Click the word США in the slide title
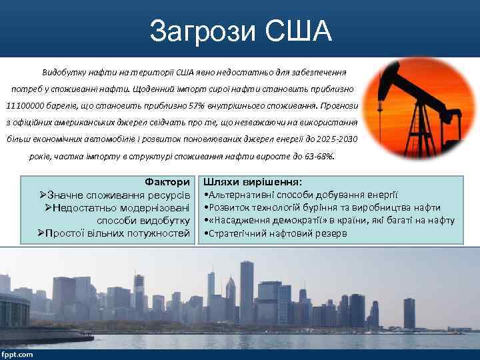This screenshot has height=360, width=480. pos(295,30)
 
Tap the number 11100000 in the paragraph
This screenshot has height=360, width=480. pos(25,105)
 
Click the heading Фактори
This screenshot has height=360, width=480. pos(167,182)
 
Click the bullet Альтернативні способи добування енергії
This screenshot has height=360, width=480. pos(300,195)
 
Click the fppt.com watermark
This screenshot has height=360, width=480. pos(17,354)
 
